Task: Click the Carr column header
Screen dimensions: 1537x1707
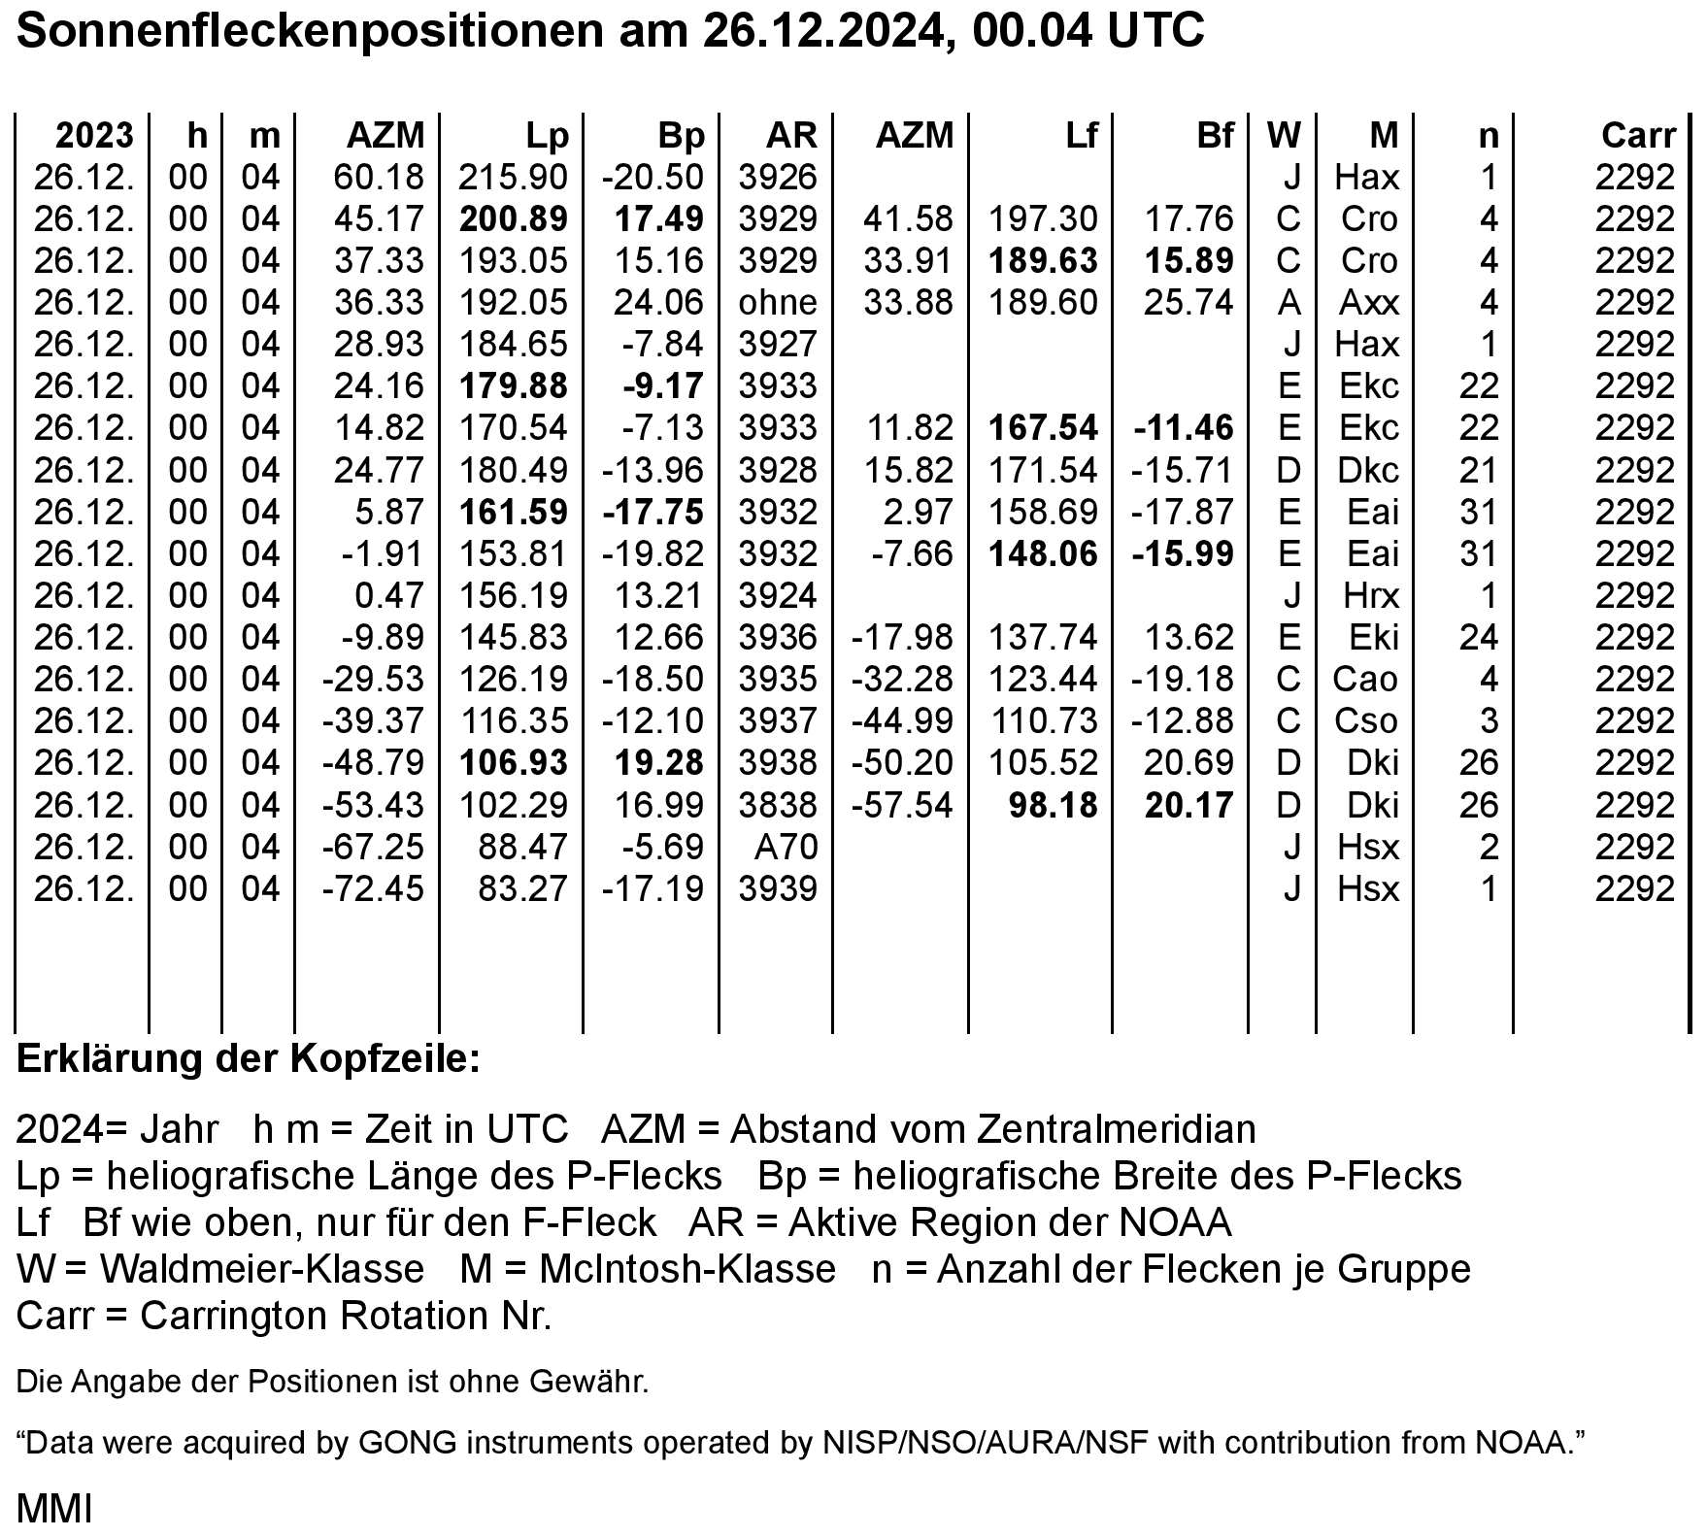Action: coord(1639,135)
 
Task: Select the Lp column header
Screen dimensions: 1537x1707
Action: coord(547,135)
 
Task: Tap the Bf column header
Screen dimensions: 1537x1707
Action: coord(1215,135)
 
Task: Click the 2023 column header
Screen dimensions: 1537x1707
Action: coord(94,135)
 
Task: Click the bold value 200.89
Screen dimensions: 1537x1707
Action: coord(513,219)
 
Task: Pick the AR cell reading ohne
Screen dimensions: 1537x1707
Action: coord(778,303)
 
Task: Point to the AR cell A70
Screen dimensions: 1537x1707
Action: coord(786,848)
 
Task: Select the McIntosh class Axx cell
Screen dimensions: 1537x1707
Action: coord(1369,303)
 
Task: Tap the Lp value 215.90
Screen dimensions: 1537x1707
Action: coord(513,178)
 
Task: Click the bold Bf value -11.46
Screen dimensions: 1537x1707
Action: coord(1183,428)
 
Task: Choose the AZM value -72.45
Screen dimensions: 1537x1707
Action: coord(374,889)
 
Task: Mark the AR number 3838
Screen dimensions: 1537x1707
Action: coord(778,806)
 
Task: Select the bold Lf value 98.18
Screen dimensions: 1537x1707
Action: coord(1053,806)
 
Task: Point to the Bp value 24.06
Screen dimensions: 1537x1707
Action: coord(657,303)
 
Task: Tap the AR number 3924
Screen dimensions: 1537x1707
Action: coord(778,596)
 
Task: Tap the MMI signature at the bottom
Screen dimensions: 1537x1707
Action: coord(54,1510)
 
